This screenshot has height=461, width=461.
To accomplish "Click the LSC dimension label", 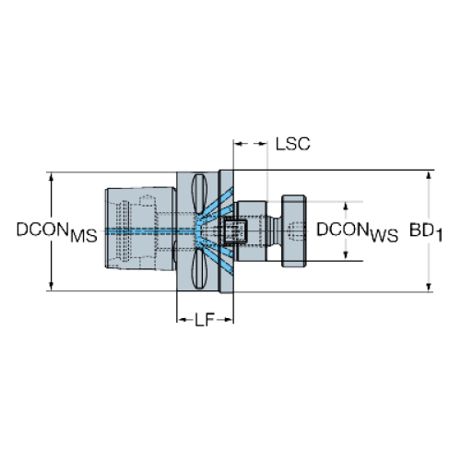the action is (x=292, y=144).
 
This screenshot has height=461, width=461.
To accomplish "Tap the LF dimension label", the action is (x=204, y=320).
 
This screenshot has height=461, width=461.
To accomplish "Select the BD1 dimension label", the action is (x=426, y=231).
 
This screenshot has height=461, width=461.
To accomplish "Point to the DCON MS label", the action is (x=56, y=232).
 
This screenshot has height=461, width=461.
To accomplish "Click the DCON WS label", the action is (x=357, y=232).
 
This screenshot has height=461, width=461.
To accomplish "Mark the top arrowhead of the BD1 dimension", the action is (x=429, y=174).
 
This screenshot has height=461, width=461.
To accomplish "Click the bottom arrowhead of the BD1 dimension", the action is (x=429, y=287).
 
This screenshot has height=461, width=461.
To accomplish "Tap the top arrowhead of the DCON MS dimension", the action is (x=52, y=177).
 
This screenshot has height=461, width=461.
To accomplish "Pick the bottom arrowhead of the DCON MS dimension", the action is (x=52, y=286).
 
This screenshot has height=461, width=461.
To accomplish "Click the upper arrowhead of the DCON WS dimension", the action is (x=346, y=207).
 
